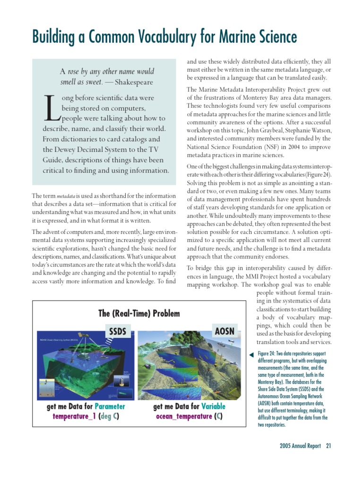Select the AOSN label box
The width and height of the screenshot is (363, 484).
click(224, 330)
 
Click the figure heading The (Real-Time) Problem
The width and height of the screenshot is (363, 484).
click(138, 313)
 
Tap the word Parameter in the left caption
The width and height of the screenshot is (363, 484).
click(110, 406)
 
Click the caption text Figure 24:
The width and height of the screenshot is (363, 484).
click(268, 354)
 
